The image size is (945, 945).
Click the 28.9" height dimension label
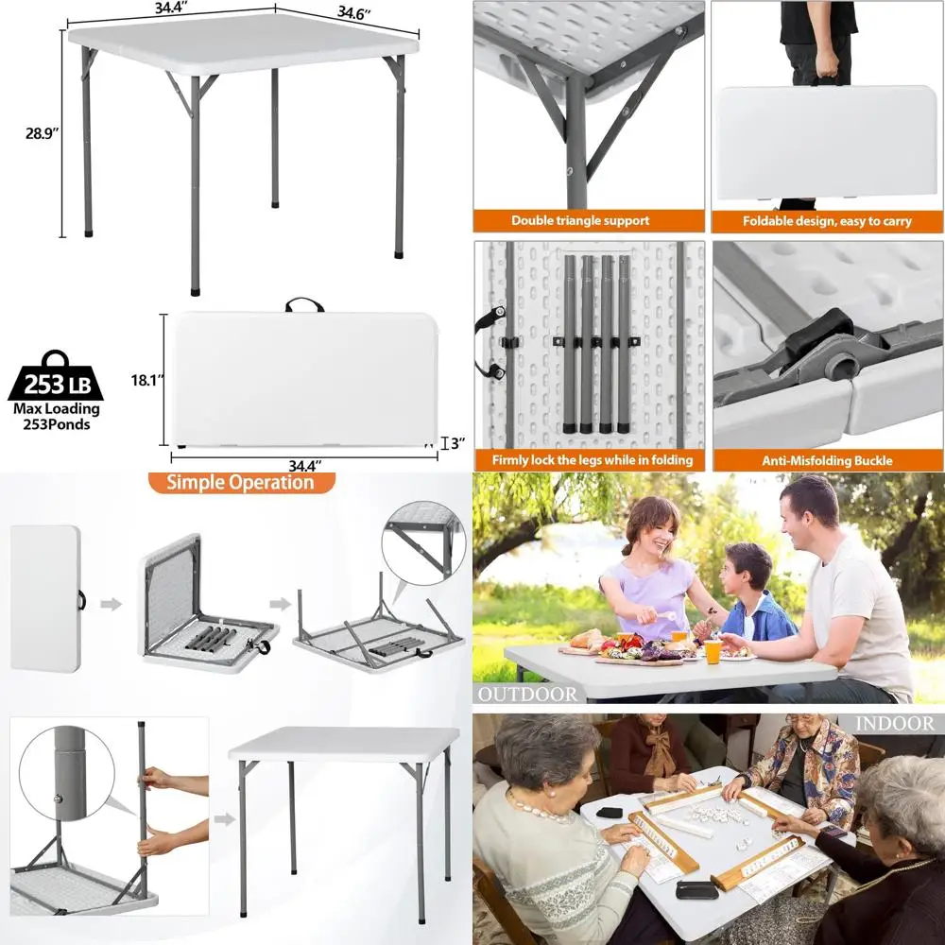[42, 133]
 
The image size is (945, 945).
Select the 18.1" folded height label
[147, 380]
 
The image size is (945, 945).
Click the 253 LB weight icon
[56, 376]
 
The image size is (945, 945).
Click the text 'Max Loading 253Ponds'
[57, 417]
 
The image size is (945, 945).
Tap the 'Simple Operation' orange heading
[240, 482]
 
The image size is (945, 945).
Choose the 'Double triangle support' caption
[580, 220]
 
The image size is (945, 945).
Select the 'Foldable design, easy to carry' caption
[827, 221]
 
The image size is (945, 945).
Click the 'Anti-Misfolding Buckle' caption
[827, 461]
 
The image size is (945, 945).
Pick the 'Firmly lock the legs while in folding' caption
[592, 460]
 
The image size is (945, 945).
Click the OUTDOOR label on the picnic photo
[527, 695]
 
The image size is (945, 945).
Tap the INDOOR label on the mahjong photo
[894, 723]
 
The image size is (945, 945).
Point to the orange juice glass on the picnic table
[713, 651]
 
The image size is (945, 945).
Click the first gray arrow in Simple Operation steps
[111, 603]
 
